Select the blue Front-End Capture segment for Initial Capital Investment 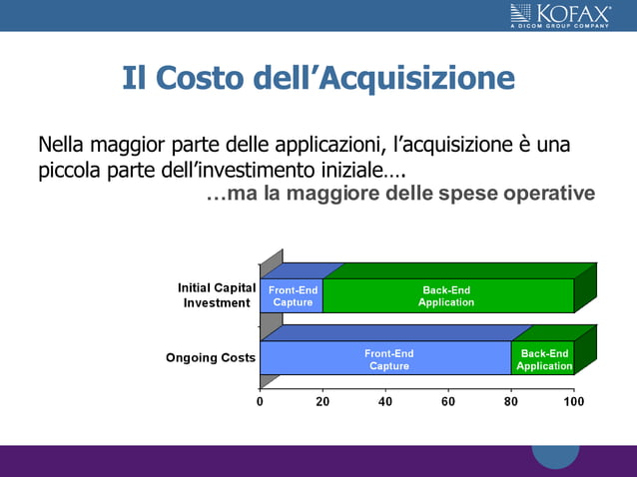coord(292,296)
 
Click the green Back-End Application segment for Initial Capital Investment coord(447,296)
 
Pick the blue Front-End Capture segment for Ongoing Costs coord(387,359)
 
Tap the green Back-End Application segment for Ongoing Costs coord(543,359)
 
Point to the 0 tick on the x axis coord(260,401)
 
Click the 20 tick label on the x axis coord(322,401)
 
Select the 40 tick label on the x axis coord(385,401)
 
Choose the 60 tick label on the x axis coord(448,401)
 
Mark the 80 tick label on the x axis coord(511,401)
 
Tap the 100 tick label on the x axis coord(574,401)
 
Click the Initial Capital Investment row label coord(217,295)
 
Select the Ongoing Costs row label coord(211,357)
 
